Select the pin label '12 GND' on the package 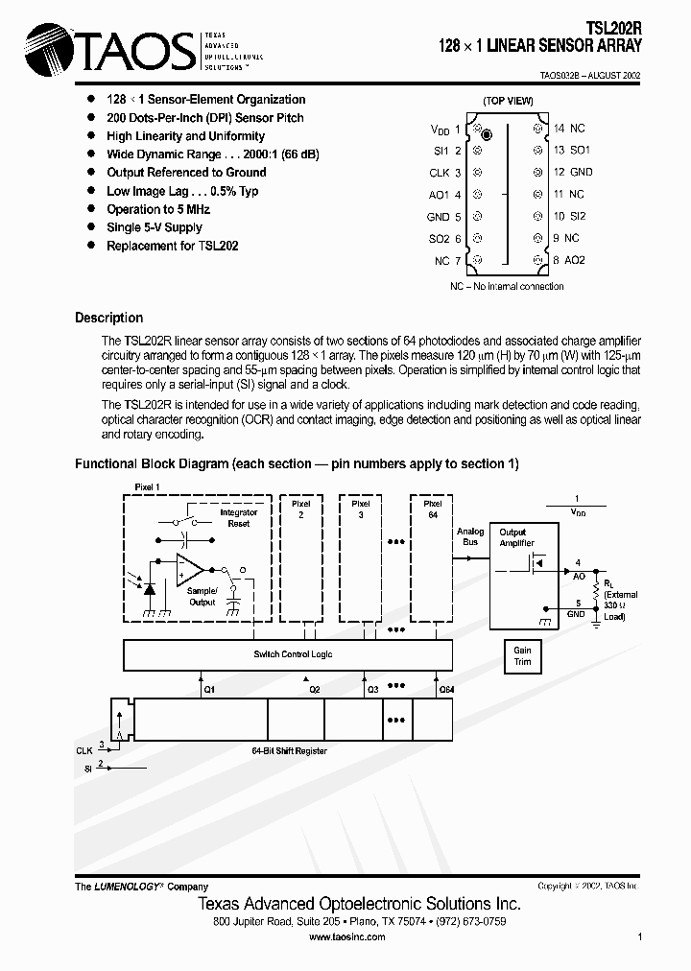point(573,173)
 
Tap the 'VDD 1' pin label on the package point(445,130)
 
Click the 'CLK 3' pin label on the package point(445,174)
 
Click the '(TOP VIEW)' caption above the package point(508,101)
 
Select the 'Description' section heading point(108,318)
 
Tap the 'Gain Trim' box point(522,655)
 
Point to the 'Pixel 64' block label point(432,509)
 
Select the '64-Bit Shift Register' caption point(289,750)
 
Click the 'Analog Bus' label point(470,537)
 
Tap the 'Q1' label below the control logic point(210,688)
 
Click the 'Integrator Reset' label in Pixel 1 point(239,518)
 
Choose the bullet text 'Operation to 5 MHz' point(158,209)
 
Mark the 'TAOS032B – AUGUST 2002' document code point(588,75)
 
